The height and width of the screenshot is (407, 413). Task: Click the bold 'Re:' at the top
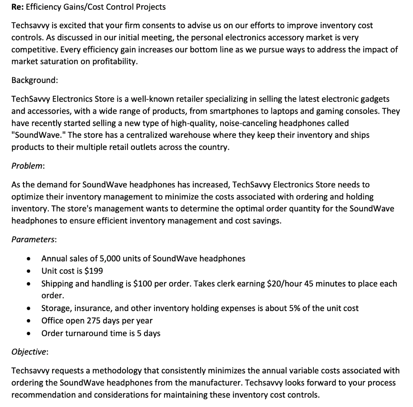pyautogui.click(x=18, y=7)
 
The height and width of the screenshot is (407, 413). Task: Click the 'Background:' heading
pyautogui.click(x=35, y=80)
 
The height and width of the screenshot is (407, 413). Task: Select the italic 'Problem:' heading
pyautogui.click(x=28, y=166)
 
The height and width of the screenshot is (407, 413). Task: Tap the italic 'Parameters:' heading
pyautogui.click(x=34, y=239)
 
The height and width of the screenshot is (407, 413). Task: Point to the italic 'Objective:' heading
pyautogui.click(x=30, y=351)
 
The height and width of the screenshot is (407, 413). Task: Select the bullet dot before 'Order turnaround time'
pyautogui.click(x=28, y=334)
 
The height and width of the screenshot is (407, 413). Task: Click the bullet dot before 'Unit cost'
pyautogui.click(x=28, y=271)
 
